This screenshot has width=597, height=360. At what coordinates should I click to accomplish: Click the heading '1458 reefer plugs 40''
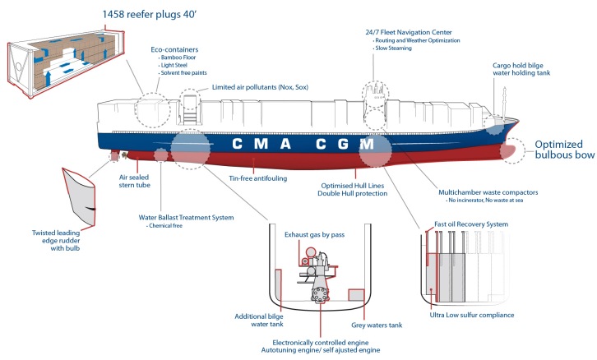tap(154, 15)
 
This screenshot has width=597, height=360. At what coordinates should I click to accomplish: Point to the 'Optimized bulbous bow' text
tap(563, 151)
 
